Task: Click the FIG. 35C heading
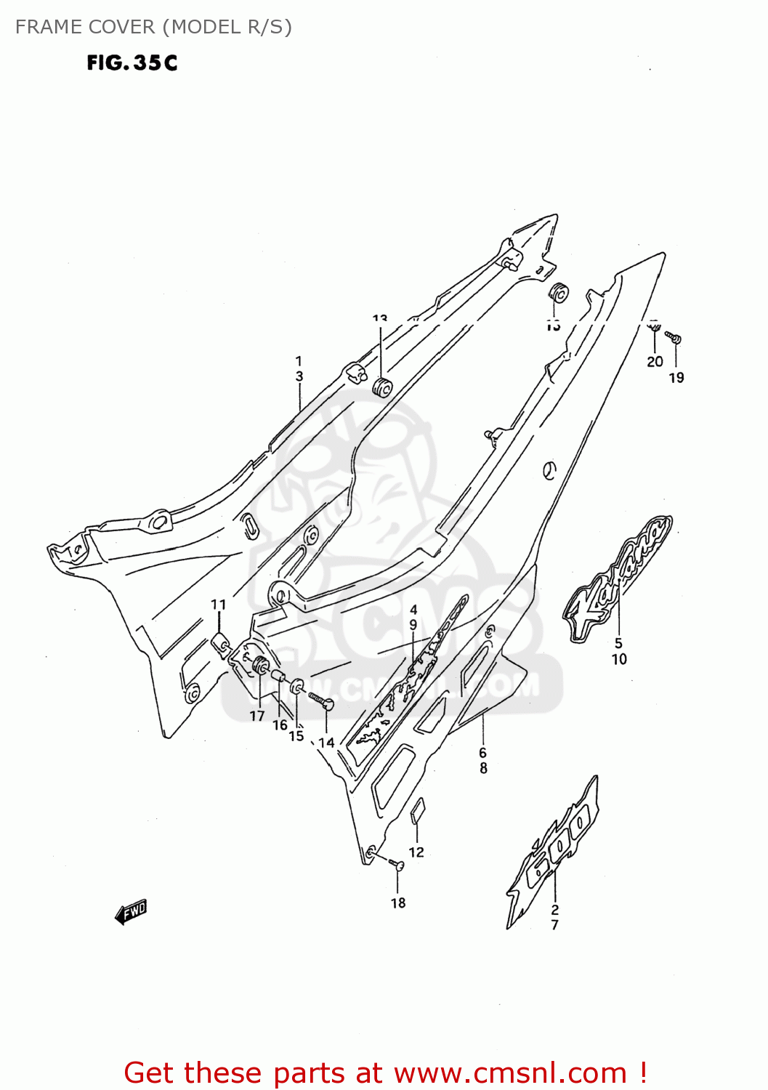(x=132, y=63)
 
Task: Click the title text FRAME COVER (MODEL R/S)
(x=153, y=27)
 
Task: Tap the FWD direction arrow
(x=132, y=911)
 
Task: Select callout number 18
(x=398, y=903)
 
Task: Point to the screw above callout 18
(x=397, y=864)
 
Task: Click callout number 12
(x=416, y=852)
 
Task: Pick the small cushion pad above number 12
(x=418, y=812)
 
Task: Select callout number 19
(x=676, y=377)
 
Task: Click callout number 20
(x=655, y=361)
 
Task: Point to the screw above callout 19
(x=674, y=338)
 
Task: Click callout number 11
(x=219, y=604)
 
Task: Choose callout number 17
(x=257, y=716)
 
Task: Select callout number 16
(x=280, y=724)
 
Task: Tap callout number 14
(x=326, y=742)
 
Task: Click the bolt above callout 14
(x=321, y=700)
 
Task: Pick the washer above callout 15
(x=297, y=687)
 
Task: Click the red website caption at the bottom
(x=385, y=1073)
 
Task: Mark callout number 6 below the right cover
(x=482, y=753)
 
